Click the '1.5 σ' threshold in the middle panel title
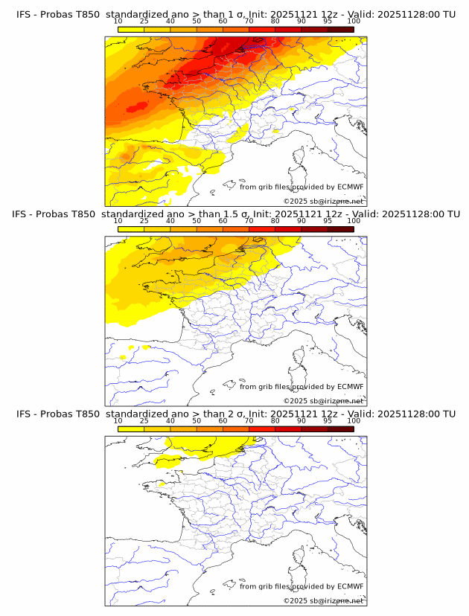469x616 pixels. [x=234, y=214]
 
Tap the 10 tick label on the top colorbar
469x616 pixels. [x=118, y=21]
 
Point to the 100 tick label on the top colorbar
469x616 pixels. [x=353, y=21]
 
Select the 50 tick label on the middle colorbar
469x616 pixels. [x=197, y=221]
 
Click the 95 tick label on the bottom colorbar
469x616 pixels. [x=327, y=420]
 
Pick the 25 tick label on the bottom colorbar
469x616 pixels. [x=144, y=420]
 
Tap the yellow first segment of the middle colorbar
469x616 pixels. [x=131, y=228]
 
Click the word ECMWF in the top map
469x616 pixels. [x=350, y=187]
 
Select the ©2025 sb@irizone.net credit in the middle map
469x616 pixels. [x=323, y=400]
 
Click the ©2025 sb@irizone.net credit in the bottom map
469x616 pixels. [x=323, y=600]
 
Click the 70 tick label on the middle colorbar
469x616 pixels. [x=249, y=221]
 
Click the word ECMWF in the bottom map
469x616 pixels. [x=350, y=586]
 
